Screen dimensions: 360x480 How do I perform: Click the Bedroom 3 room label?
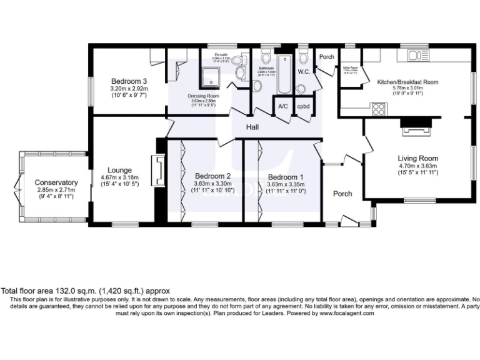(129, 81)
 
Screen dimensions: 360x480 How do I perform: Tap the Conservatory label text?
(56, 182)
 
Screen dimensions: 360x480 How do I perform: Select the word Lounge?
(119, 169)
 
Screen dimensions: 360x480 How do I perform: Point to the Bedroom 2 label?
(212, 176)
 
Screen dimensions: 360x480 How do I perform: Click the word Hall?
(252, 127)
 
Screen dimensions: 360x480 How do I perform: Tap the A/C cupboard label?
(282, 106)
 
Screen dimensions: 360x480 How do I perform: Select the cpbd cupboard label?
(303, 106)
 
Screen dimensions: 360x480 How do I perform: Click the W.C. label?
(304, 72)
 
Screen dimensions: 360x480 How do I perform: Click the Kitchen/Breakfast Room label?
(407, 82)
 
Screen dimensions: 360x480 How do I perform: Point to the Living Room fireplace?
(412, 130)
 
